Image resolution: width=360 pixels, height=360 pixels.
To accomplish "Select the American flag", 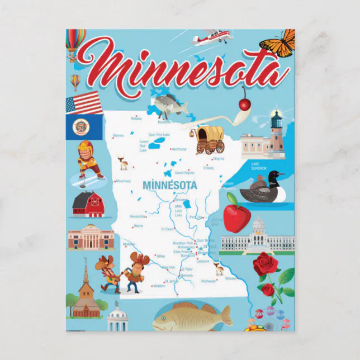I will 84,104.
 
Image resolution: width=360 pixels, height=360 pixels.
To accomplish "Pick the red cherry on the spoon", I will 244,104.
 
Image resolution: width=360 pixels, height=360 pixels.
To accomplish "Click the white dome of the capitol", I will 258,226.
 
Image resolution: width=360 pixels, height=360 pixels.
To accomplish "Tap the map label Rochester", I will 209,281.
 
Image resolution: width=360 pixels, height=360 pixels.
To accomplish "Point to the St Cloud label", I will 168,229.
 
